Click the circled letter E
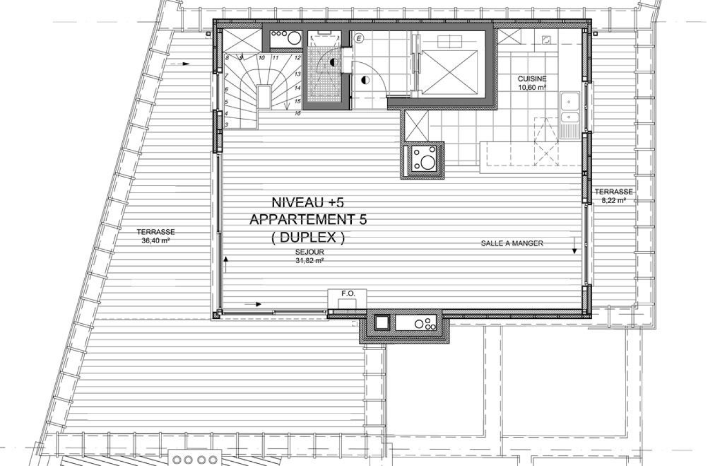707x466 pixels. (x=359, y=38)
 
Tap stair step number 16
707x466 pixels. (x=298, y=113)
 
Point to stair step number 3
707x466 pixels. (x=226, y=125)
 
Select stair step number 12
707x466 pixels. (x=297, y=57)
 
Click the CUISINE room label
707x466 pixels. (x=532, y=79)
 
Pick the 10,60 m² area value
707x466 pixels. (x=532, y=87)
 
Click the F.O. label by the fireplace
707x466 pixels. (x=348, y=293)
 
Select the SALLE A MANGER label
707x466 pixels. (x=512, y=243)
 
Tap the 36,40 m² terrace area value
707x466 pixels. (x=156, y=241)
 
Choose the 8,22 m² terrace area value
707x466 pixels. (x=613, y=200)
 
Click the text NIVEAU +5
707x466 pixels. (x=307, y=202)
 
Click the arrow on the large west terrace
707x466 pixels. (x=183, y=64)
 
